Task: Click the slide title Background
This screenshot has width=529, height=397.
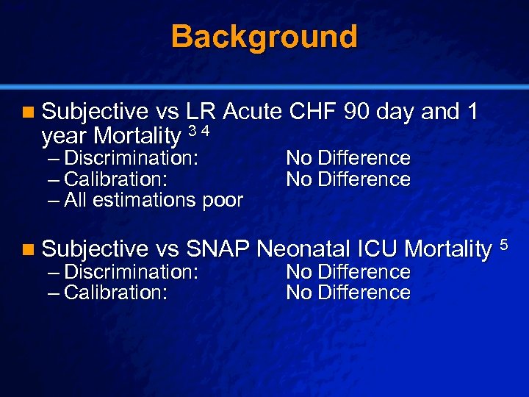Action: (264, 36)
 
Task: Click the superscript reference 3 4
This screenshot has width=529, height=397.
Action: (199, 131)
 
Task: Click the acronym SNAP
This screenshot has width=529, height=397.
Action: (218, 249)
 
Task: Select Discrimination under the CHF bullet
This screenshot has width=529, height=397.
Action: (131, 158)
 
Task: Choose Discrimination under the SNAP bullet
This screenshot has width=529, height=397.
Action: (131, 272)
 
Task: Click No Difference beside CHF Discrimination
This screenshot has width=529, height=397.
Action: (348, 158)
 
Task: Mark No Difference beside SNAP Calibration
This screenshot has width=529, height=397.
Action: (348, 293)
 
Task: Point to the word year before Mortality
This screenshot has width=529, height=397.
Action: (65, 136)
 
